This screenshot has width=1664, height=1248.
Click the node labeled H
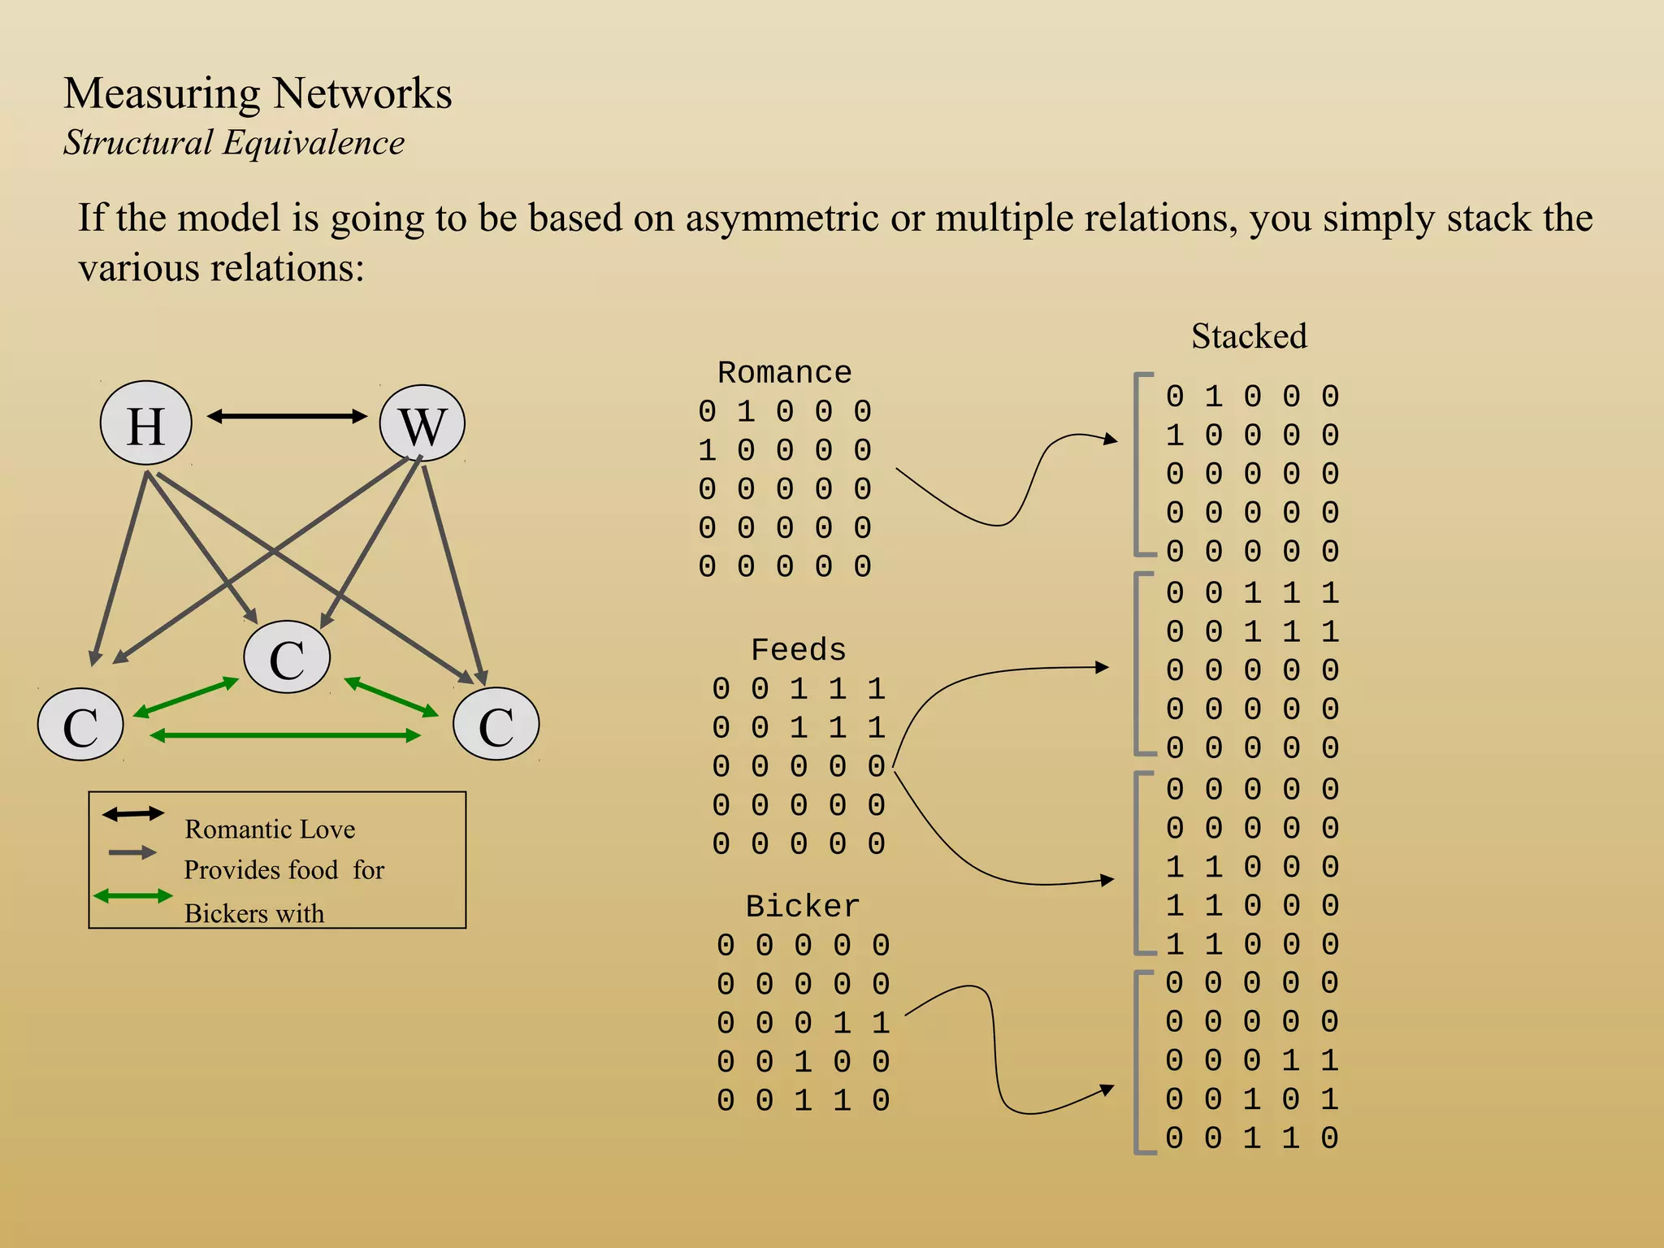click(x=146, y=423)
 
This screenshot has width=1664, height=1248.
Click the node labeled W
click(x=422, y=423)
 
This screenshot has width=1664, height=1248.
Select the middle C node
click(x=287, y=657)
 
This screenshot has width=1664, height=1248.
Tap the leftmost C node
click(x=80, y=725)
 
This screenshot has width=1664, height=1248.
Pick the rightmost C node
click(x=496, y=725)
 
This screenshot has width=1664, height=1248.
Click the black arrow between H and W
click(x=287, y=417)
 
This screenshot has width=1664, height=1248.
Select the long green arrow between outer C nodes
click(x=285, y=736)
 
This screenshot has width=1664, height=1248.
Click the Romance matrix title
click(x=784, y=372)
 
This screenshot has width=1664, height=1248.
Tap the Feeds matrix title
click(x=798, y=650)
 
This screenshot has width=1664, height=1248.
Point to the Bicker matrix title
click(x=802, y=906)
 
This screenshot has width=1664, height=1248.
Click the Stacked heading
click(x=1249, y=336)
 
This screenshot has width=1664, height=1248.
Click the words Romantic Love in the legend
click(x=270, y=829)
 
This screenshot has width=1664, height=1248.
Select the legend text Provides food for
click(x=284, y=870)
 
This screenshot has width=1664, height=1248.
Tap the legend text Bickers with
click(x=254, y=913)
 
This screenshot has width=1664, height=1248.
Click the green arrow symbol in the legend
click(x=133, y=896)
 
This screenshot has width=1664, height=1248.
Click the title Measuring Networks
click(x=258, y=93)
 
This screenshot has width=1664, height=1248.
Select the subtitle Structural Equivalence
click(x=234, y=143)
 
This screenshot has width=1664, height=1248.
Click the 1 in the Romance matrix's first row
click(x=746, y=412)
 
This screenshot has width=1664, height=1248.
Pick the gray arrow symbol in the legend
click(x=132, y=852)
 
